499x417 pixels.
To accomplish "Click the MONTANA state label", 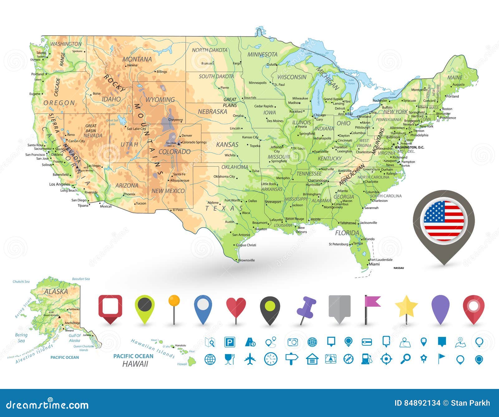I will coord(137,59).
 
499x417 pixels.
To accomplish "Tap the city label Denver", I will coord(187,136).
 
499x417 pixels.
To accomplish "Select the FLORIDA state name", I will coord(347,233).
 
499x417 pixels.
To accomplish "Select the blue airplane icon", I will coord(250,359).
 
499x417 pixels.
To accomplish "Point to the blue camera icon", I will coord(293,342).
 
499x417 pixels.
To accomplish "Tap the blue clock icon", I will coord(270,359).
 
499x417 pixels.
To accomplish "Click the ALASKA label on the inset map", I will coord(56,292).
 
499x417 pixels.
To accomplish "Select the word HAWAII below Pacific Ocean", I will coord(135,364).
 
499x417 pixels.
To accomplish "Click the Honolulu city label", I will coord(180,345).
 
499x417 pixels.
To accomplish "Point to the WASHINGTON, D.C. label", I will coord(409,147).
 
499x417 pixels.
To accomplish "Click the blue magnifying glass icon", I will coord(405,359).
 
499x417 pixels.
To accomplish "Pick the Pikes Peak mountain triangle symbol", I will coord(179,144).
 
